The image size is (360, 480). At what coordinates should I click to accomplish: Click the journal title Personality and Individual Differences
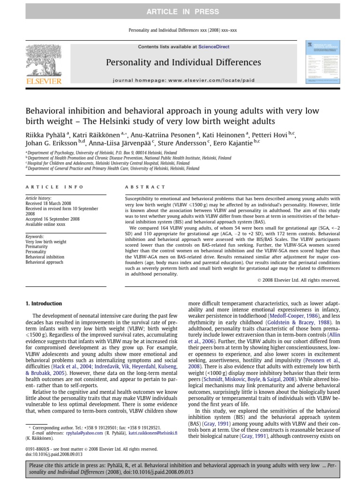point(183,62)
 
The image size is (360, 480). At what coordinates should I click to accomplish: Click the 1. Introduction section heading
point(43,303)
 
